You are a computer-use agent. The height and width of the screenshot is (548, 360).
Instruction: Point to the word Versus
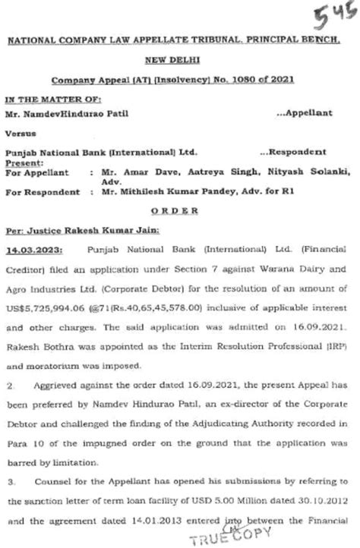click(21, 137)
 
